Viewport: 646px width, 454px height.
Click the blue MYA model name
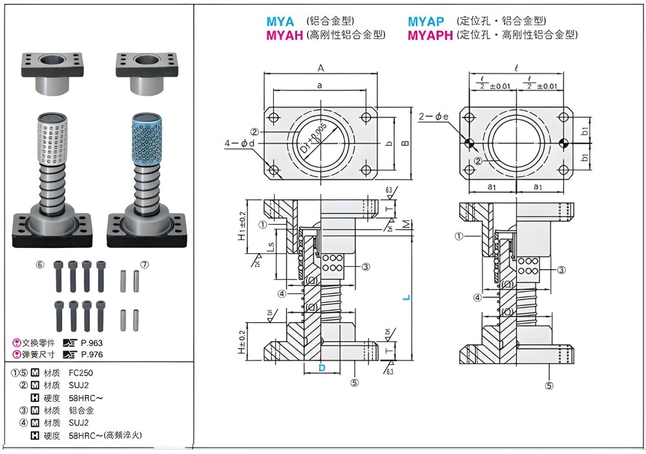pyautogui.click(x=280, y=21)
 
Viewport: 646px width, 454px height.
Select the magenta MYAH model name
pyautogui.click(x=284, y=35)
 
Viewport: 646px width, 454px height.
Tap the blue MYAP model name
pyautogui.click(x=426, y=21)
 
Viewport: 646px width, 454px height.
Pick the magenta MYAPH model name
pyautogui.click(x=430, y=35)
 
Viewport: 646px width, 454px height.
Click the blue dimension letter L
pyautogui.click(x=405, y=298)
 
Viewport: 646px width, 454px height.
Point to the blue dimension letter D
pyautogui.click(x=321, y=367)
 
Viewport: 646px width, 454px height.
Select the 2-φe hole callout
pyautogui.click(x=430, y=116)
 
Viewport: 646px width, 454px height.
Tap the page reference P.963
pyautogui.click(x=92, y=343)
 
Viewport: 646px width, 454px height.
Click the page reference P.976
pyautogui.click(x=92, y=354)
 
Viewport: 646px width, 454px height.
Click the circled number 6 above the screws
pyautogui.click(x=39, y=265)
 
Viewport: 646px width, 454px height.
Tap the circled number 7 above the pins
pyautogui.click(x=144, y=265)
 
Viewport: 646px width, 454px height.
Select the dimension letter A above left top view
pyautogui.click(x=320, y=68)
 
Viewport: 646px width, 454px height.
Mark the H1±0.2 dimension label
pyautogui.click(x=242, y=226)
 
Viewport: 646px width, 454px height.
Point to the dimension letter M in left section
pyautogui.click(x=404, y=223)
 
